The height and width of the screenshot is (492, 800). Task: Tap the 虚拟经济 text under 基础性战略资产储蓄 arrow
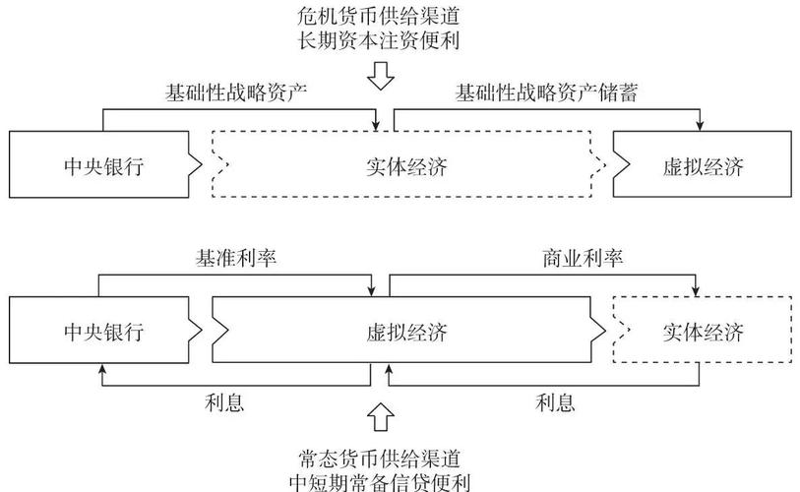pyautogui.click(x=703, y=166)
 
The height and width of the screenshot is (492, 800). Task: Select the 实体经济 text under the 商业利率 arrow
pyautogui.click(x=703, y=332)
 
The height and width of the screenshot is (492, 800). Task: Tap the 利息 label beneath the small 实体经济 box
pyautogui.click(x=556, y=401)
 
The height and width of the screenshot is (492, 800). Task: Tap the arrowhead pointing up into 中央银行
pyautogui.click(x=99, y=371)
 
